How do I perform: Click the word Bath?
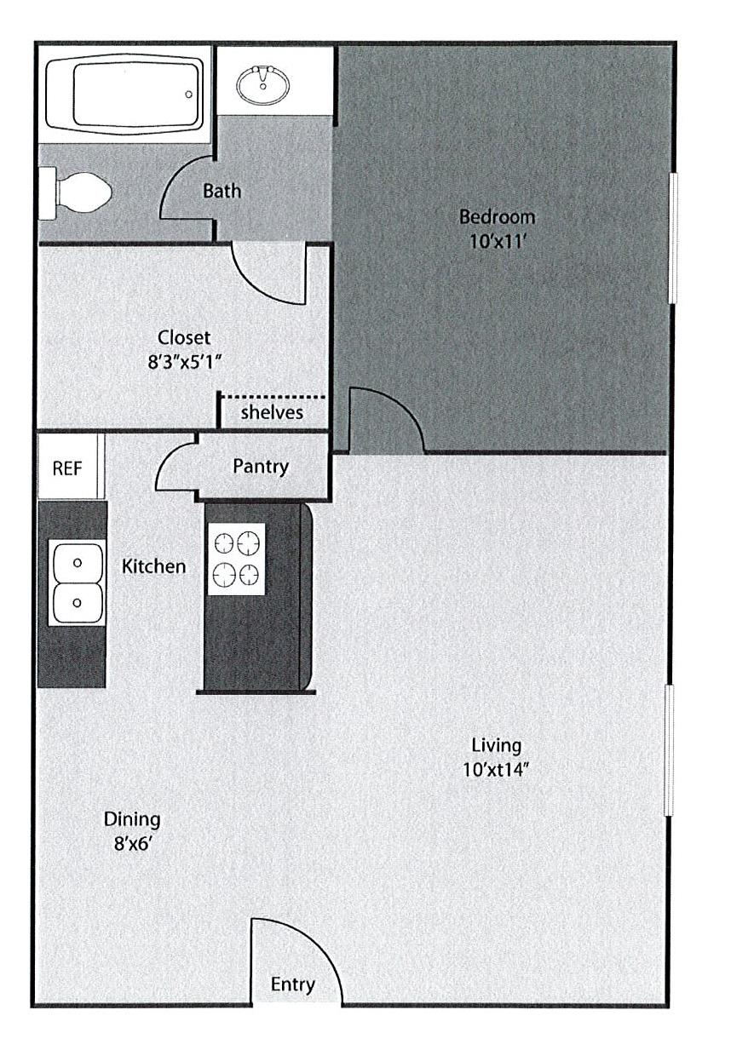[x=222, y=191]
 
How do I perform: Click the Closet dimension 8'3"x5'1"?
[x=184, y=361]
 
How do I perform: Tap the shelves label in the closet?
[x=272, y=413]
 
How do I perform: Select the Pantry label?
[x=261, y=467]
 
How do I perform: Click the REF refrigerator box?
[x=67, y=468]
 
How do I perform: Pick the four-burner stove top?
[x=236, y=559]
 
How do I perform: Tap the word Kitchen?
[x=153, y=566]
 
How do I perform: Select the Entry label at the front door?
[x=292, y=985]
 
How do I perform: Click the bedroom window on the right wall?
[x=671, y=238]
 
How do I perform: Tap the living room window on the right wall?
[x=670, y=749]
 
